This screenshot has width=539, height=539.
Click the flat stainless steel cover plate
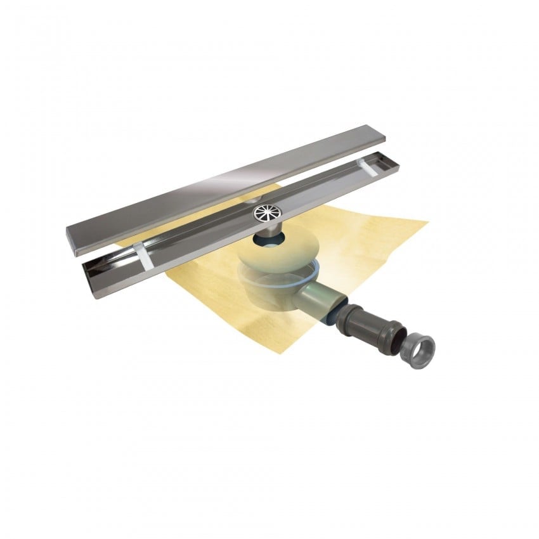222,184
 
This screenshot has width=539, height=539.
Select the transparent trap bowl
276,282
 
